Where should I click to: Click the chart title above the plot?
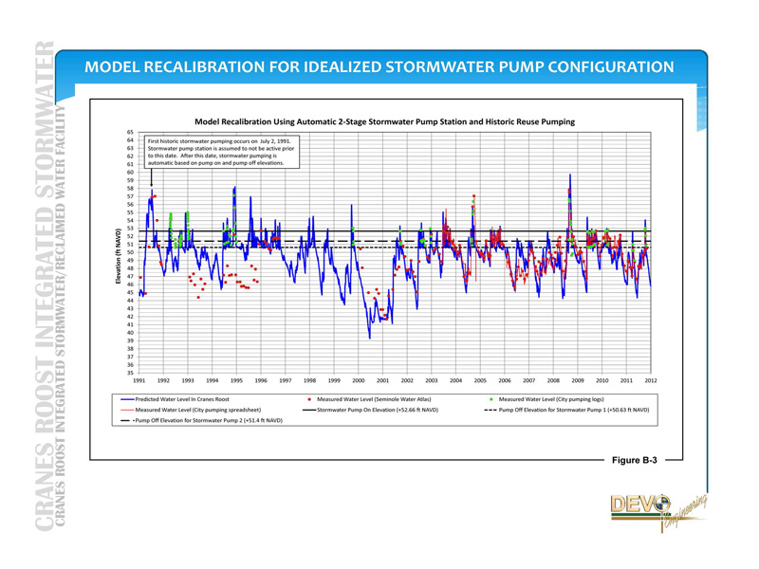tap(384, 121)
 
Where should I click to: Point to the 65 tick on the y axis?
tap(129, 132)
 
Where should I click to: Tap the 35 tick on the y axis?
tap(129, 374)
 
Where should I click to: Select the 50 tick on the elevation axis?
tap(129, 252)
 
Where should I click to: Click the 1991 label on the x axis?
tap(139, 380)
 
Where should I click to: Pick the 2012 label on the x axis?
tap(651, 380)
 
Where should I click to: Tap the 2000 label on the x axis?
tap(358, 380)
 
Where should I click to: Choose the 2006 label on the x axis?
tap(505, 380)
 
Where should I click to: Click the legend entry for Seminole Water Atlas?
tap(365, 399)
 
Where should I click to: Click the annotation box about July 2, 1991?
tap(221, 152)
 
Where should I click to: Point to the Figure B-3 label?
tap(634, 460)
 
